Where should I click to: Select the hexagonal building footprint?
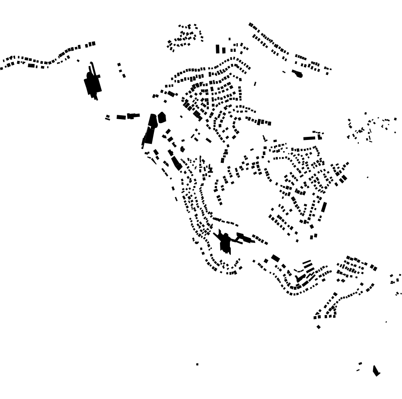point(162,117)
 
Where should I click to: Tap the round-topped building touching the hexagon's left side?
point(153,121)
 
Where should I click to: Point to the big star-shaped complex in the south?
point(225,242)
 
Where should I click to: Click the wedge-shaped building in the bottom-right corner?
point(376,370)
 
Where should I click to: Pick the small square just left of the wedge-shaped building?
point(360,364)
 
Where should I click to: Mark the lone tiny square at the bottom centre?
point(197,364)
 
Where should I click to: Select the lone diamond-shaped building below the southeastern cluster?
point(319,327)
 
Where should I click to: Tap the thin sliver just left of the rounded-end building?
point(284,72)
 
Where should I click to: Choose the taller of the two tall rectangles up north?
point(218,49)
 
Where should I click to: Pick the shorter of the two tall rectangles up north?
point(223,50)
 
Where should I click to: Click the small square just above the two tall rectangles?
point(230,39)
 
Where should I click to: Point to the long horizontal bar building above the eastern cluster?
point(309,138)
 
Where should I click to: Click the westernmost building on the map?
point(1,68)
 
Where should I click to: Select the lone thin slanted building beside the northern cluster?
point(255,84)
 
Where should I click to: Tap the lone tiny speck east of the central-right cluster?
point(367,177)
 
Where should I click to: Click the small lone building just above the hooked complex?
point(78,60)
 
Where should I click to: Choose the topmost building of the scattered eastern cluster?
point(365,114)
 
